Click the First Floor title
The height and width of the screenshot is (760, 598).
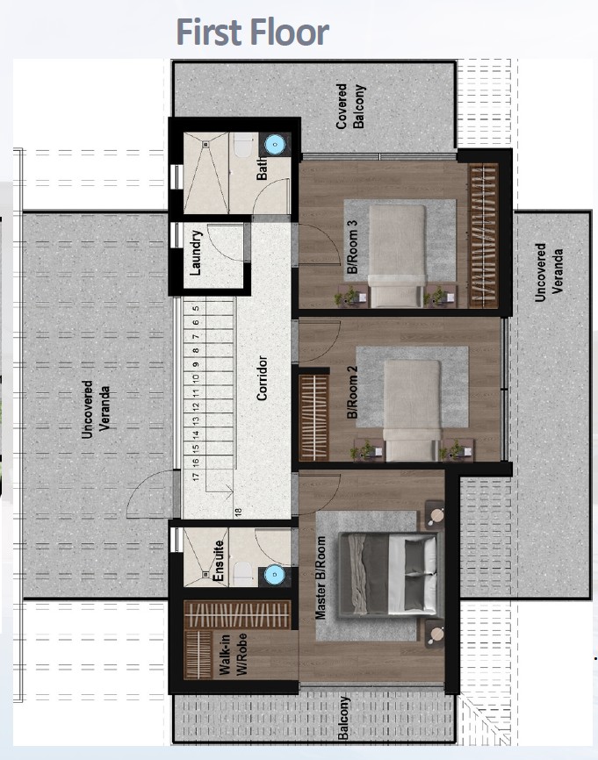point(252,32)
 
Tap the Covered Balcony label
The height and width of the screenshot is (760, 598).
point(349,107)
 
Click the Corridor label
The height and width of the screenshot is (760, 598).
point(262,379)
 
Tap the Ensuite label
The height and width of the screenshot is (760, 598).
point(220,562)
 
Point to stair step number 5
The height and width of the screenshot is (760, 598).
point(197,307)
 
